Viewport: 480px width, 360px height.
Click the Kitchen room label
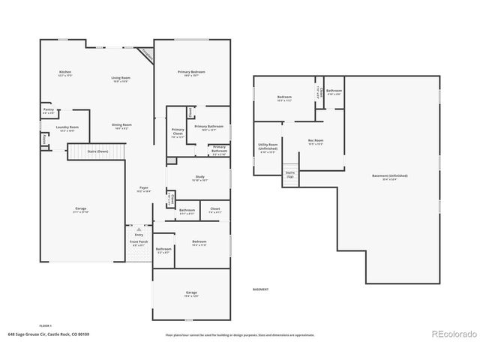(x=65, y=73)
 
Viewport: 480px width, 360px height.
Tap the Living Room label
(x=121, y=79)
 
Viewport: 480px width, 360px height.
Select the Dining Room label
(x=121, y=125)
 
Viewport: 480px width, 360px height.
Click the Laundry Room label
(x=67, y=128)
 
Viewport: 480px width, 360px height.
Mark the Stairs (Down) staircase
(x=89, y=151)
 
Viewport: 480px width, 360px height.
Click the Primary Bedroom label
(x=191, y=73)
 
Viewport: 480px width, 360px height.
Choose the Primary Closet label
(x=178, y=133)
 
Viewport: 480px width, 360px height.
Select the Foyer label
(x=143, y=189)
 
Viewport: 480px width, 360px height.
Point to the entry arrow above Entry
(x=138, y=228)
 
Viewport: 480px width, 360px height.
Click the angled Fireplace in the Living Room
(x=146, y=54)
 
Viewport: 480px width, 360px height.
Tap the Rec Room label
(x=316, y=141)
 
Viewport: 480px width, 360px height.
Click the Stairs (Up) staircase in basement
(x=289, y=174)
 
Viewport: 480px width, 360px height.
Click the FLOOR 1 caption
(x=45, y=325)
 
